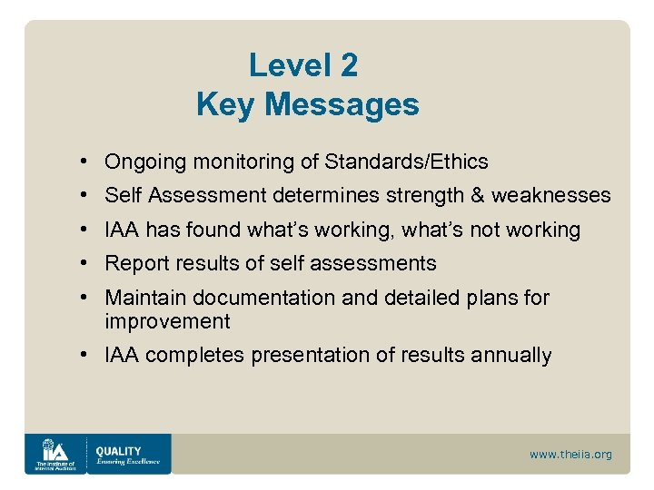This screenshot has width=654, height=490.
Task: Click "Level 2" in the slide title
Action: click(303, 65)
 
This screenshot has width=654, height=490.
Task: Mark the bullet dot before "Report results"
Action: click(83, 264)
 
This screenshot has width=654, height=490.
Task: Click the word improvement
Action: click(167, 322)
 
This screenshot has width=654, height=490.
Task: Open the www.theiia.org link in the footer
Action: click(570, 455)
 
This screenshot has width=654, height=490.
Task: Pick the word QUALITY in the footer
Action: click(118, 450)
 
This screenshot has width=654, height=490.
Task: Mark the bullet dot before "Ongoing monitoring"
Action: click(83, 162)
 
